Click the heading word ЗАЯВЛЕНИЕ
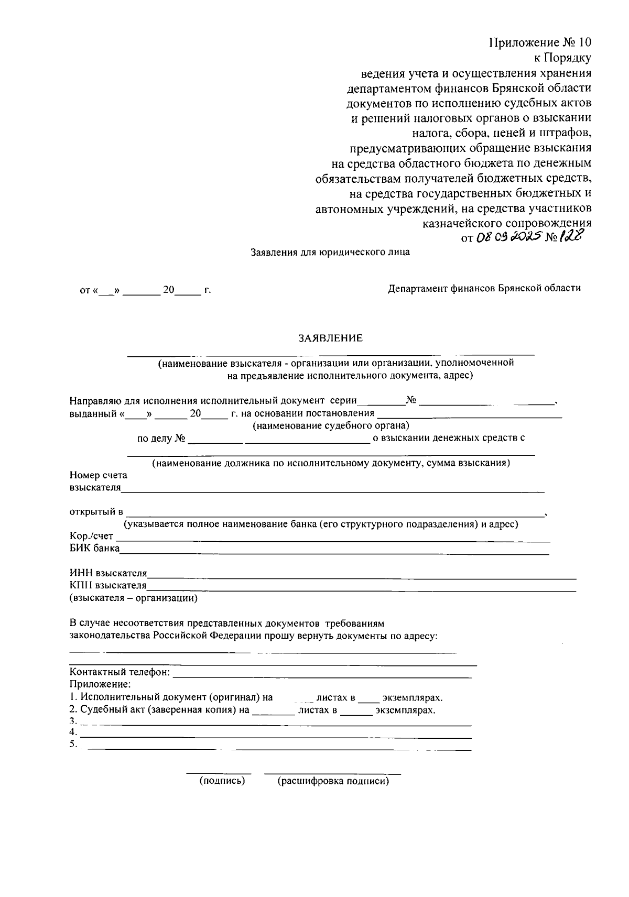point(330,338)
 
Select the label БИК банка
point(94,549)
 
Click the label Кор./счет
point(91,536)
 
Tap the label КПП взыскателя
point(108,586)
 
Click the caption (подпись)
point(222,781)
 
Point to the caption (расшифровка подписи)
point(333,781)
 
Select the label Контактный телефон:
point(120,672)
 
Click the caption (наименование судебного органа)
point(331,426)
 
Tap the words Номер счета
point(98,476)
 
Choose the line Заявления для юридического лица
point(330,252)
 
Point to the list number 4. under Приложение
point(73,732)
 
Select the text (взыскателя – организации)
point(134,598)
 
